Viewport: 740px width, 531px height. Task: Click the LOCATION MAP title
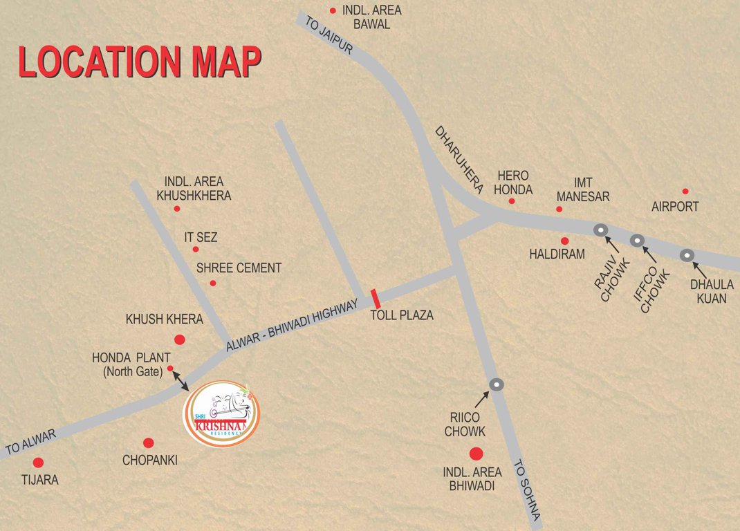click(x=140, y=62)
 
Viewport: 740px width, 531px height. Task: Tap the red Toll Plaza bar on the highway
click(x=376, y=299)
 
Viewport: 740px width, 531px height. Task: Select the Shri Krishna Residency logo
click(x=221, y=413)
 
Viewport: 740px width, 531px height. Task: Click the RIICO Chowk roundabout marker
click(x=496, y=384)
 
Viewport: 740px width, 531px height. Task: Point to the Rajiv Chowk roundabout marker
click(x=600, y=230)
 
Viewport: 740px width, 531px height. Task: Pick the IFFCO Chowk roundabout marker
click(x=637, y=241)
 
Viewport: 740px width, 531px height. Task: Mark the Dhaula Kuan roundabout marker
click(x=686, y=255)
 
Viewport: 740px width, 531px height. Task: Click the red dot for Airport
click(x=685, y=192)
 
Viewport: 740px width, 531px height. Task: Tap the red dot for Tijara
click(x=38, y=463)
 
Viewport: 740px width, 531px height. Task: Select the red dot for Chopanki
click(x=148, y=442)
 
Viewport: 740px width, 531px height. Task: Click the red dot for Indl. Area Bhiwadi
click(x=476, y=454)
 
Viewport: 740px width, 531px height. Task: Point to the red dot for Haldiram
click(x=564, y=241)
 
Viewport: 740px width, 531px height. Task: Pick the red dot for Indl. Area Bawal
click(x=333, y=10)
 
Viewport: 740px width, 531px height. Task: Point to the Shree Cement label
click(x=239, y=268)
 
